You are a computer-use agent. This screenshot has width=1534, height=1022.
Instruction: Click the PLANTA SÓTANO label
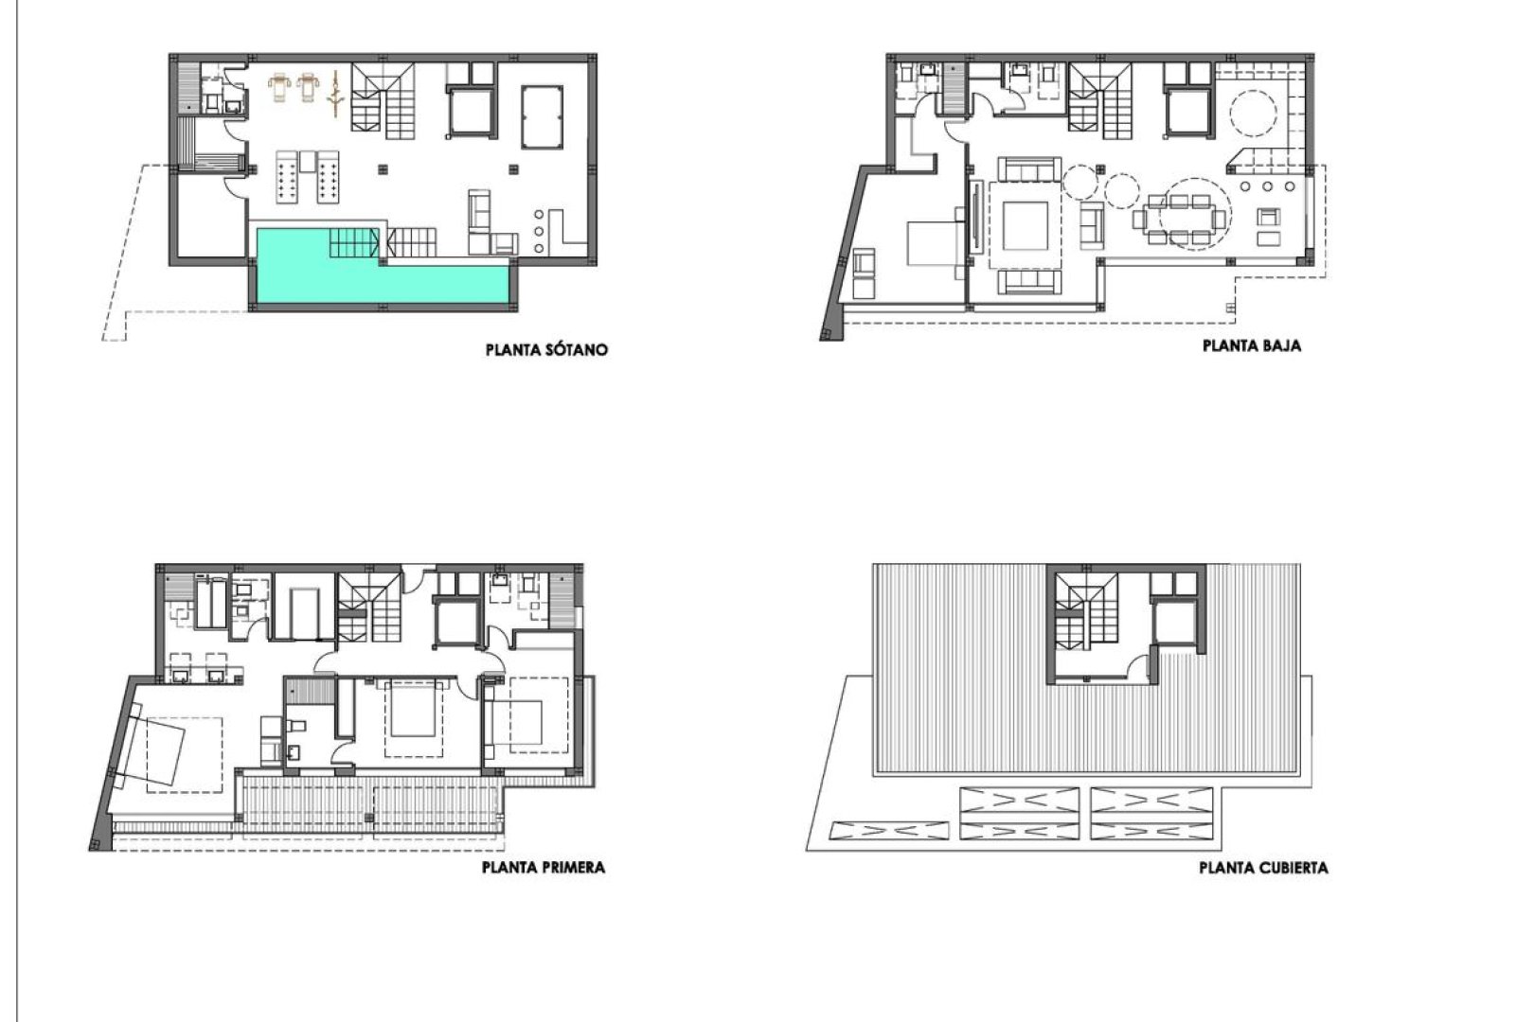pyautogui.click(x=546, y=350)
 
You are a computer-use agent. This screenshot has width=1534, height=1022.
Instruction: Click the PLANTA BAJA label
pyautogui.click(x=1251, y=346)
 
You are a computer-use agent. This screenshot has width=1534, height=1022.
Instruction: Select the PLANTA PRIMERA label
pyautogui.click(x=543, y=867)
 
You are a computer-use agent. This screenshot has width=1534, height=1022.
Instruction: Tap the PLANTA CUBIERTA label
pyautogui.click(x=1262, y=868)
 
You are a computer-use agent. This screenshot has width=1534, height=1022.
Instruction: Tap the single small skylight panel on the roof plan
pyautogui.click(x=889, y=831)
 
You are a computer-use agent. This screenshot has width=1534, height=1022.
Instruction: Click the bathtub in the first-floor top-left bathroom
pyautogui.click(x=210, y=605)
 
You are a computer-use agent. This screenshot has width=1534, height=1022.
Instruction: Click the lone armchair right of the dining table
pyautogui.click(x=1268, y=220)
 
